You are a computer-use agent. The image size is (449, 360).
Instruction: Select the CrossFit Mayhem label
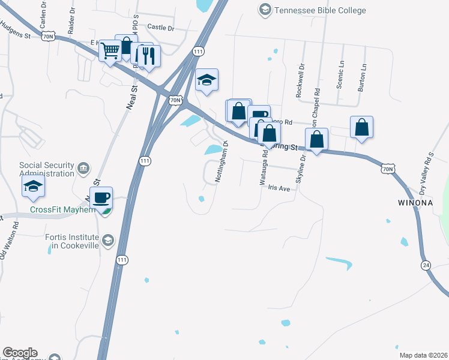click(x=63, y=210)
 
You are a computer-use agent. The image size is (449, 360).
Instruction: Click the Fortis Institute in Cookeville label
click(x=71, y=241)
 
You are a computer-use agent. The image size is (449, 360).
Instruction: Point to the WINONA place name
click(x=415, y=203)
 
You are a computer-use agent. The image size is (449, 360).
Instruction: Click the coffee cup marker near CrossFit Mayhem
click(x=101, y=198)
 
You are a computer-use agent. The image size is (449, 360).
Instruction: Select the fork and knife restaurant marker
click(x=148, y=56)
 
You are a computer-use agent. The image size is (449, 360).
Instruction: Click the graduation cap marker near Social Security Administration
click(x=34, y=187)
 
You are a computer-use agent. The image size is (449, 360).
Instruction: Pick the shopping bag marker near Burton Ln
click(x=361, y=128)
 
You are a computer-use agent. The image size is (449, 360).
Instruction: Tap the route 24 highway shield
click(x=425, y=265)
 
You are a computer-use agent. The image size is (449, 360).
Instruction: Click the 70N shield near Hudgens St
click(x=49, y=37)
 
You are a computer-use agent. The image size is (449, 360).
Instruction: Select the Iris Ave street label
click(x=279, y=188)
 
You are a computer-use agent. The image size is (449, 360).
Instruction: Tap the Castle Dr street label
click(x=160, y=28)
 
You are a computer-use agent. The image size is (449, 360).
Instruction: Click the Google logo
click(x=20, y=353)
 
